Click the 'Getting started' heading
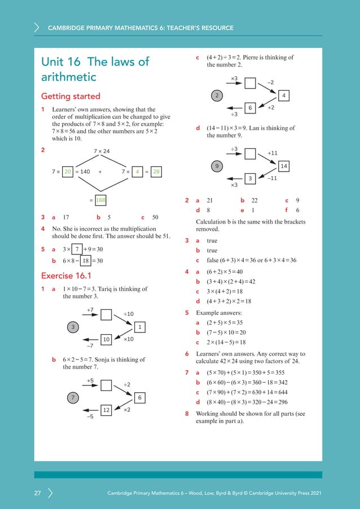71,96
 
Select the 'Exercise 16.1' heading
66,276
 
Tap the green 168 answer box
100,199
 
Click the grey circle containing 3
73,327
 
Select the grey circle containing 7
73,398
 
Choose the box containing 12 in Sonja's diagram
106,410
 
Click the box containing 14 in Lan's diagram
284,166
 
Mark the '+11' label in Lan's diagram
273,153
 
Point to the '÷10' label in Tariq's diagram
129,314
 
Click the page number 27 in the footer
37,494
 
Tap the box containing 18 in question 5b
85,261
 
